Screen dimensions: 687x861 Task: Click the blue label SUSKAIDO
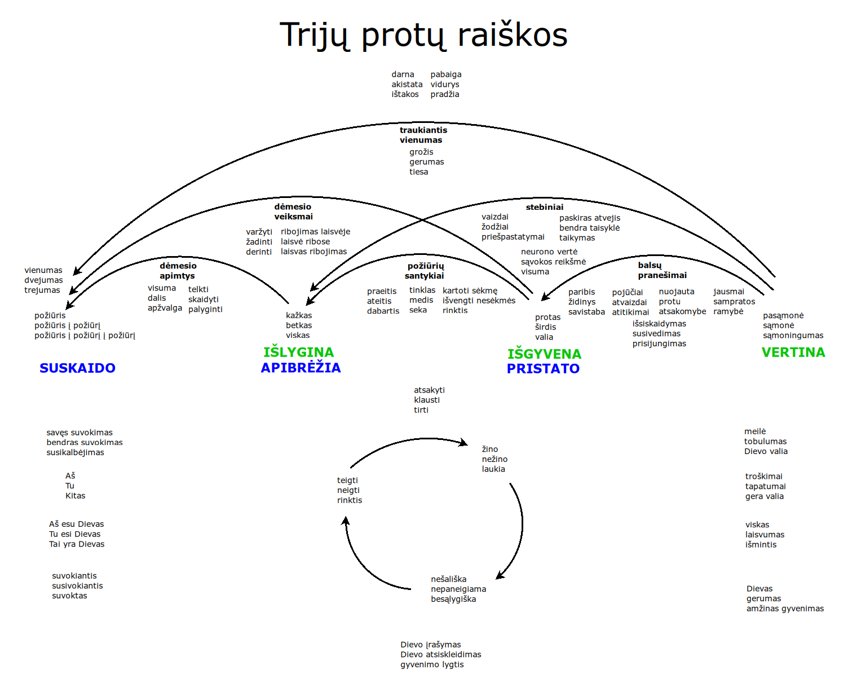pyautogui.click(x=77, y=368)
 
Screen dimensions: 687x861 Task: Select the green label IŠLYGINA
pyautogui.click(x=298, y=353)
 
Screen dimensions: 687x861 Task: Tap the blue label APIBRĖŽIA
pyautogui.click(x=301, y=368)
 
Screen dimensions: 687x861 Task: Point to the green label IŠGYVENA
pyautogui.click(x=544, y=354)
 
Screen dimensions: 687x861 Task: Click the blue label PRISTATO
pyautogui.click(x=543, y=369)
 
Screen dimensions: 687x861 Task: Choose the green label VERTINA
pyautogui.click(x=793, y=353)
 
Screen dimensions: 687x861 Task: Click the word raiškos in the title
pyautogui.click(x=512, y=35)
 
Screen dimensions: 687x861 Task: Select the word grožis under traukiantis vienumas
pyautogui.click(x=421, y=152)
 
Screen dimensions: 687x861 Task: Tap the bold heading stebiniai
pyautogui.click(x=544, y=207)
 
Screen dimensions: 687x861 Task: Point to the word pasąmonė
pyautogui.click(x=783, y=316)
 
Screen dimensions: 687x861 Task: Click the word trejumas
pyautogui.click(x=42, y=290)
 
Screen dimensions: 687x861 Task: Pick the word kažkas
pyautogui.click(x=299, y=316)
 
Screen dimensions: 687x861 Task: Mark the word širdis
pyautogui.click(x=545, y=327)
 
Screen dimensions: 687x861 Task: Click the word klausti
pyautogui.click(x=427, y=400)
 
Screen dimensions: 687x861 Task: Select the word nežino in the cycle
pyautogui.click(x=494, y=459)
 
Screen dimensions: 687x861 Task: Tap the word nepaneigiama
pyautogui.click(x=458, y=589)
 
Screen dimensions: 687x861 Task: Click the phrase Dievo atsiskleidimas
pyautogui.click(x=440, y=655)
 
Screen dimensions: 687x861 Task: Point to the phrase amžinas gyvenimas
pyautogui.click(x=785, y=609)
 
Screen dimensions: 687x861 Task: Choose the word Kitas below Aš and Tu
pyautogui.click(x=75, y=496)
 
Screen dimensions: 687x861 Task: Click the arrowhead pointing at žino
pyautogui.click(x=464, y=443)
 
